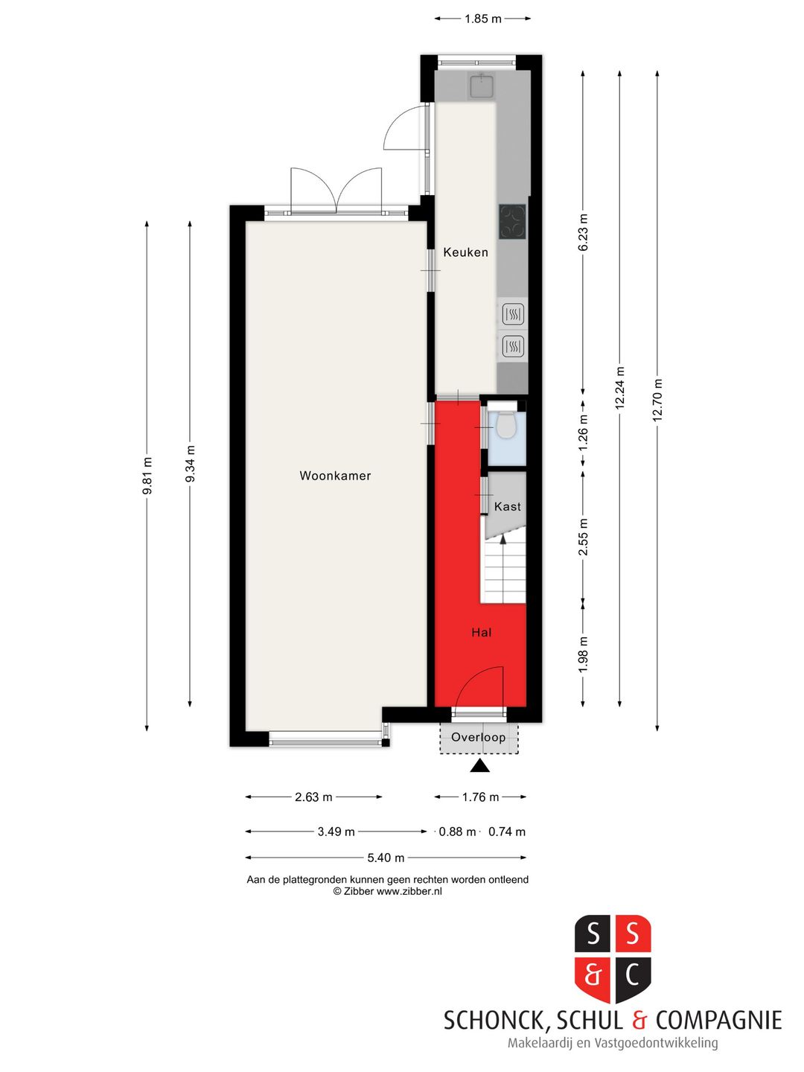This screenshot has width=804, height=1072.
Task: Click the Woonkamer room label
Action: [x=335, y=476]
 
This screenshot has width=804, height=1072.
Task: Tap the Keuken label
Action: [x=465, y=252]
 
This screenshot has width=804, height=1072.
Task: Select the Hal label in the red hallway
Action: [x=481, y=632]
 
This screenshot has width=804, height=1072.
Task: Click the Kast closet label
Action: [x=508, y=506]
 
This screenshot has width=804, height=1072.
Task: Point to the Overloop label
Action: [x=478, y=737]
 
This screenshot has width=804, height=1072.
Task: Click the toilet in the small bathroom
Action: [x=506, y=426]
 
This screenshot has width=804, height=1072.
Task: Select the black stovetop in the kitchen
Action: [x=512, y=222]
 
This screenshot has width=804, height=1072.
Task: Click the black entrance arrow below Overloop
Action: [x=479, y=765]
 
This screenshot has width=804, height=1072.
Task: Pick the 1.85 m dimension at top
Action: [x=482, y=19]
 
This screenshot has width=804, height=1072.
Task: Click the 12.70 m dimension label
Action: [x=657, y=401]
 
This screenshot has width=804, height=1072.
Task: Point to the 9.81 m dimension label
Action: [x=147, y=476]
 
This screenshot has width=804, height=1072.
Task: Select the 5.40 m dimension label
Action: [x=386, y=858]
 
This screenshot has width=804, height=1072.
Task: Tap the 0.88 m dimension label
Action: [x=457, y=832]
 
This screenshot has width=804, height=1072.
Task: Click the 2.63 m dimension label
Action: [x=313, y=797]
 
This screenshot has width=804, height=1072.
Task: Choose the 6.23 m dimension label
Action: [x=584, y=232]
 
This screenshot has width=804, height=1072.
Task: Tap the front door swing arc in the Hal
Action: [x=484, y=681]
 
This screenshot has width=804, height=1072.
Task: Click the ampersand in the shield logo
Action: [x=593, y=974]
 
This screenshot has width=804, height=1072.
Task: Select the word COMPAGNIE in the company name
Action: [x=718, y=1020]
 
